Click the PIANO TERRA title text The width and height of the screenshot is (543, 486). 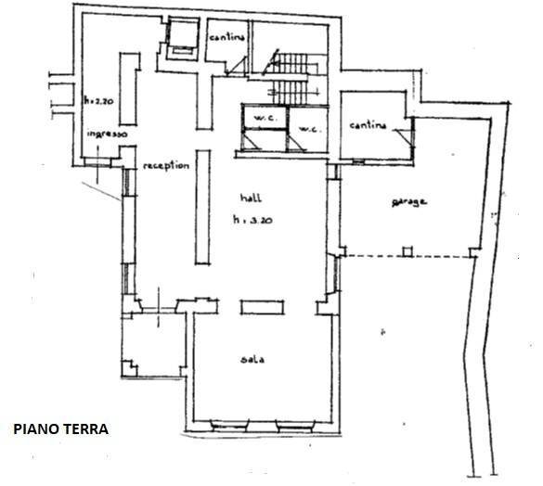click(x=61, y=429)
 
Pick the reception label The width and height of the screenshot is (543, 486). click(x=166, y=166)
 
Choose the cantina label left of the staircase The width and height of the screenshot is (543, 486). click(x=227, y=37)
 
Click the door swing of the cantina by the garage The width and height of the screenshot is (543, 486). click(x=401, y=137)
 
